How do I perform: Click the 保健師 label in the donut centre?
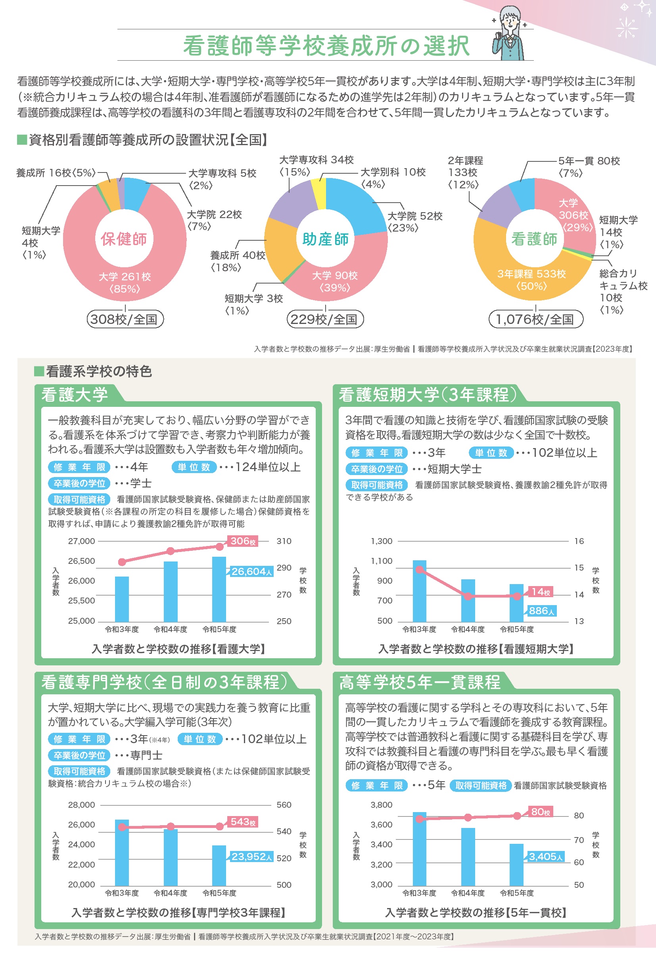(123, 239)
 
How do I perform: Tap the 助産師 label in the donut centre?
(326, 239)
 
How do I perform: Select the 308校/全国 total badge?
(125, 319)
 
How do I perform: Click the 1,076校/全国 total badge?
(535, 319)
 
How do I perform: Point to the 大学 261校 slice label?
(125, 282)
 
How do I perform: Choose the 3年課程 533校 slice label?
(531, 280)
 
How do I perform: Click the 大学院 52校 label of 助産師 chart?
(415, 221)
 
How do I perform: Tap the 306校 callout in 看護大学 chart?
(243, 541)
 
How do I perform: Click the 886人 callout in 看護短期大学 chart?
(541, 611)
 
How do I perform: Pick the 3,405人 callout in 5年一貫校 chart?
(546, 857)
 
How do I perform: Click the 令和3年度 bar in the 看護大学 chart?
(122, 599)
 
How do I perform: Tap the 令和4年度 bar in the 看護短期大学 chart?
(468, 601)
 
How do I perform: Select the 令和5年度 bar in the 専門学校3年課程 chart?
(219, 865)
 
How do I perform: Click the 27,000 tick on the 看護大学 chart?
(81, 541)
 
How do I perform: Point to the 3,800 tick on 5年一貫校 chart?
(381, 805)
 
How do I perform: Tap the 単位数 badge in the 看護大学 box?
(194, 467)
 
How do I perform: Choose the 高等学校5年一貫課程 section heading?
(420, 682)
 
